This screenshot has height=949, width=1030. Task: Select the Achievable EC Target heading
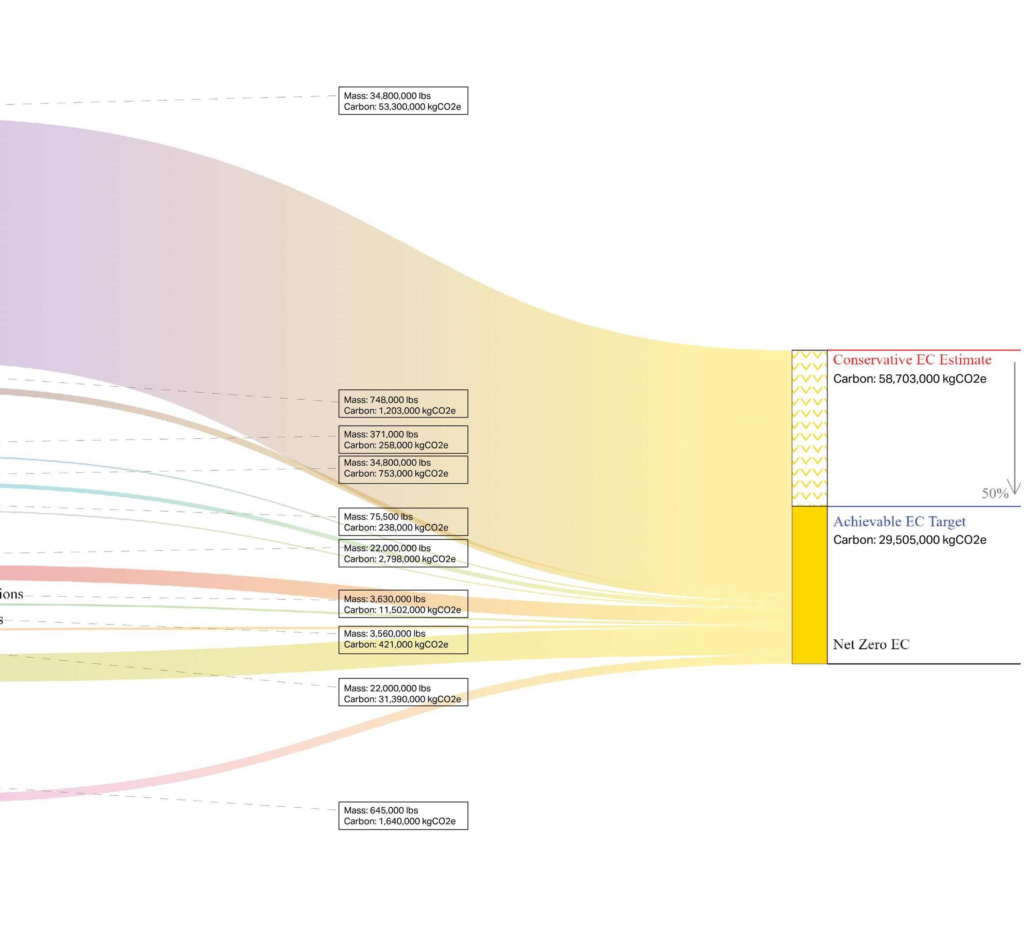click(899, 521)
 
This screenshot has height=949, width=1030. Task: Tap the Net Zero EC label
click(871, 644)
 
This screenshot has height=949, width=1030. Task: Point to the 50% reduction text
click(995, 493)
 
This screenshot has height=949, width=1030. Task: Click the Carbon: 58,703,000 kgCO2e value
click(910, 379)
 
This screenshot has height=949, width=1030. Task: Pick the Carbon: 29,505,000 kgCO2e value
click(910, 540)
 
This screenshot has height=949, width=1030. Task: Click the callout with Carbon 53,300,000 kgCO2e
click(403, 101)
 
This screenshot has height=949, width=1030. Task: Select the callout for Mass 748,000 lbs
click(403, 405)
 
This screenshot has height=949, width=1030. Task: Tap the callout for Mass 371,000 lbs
click(403, 440)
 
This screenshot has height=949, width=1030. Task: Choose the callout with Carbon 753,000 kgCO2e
click(403, 469)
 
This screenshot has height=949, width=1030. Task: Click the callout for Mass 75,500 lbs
click(403, 522)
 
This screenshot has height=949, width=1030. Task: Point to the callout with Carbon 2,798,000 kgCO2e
click(403, 554)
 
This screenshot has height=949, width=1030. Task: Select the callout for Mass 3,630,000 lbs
click(403, 604)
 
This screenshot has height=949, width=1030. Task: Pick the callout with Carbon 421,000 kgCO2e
click(403, 639)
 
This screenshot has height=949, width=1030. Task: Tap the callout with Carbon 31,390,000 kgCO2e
click(403, 693)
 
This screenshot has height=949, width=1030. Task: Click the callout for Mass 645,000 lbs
click(403, 816)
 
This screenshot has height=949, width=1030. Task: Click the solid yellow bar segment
click(809, 585)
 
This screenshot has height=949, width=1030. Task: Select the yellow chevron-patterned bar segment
click(809, 428)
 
